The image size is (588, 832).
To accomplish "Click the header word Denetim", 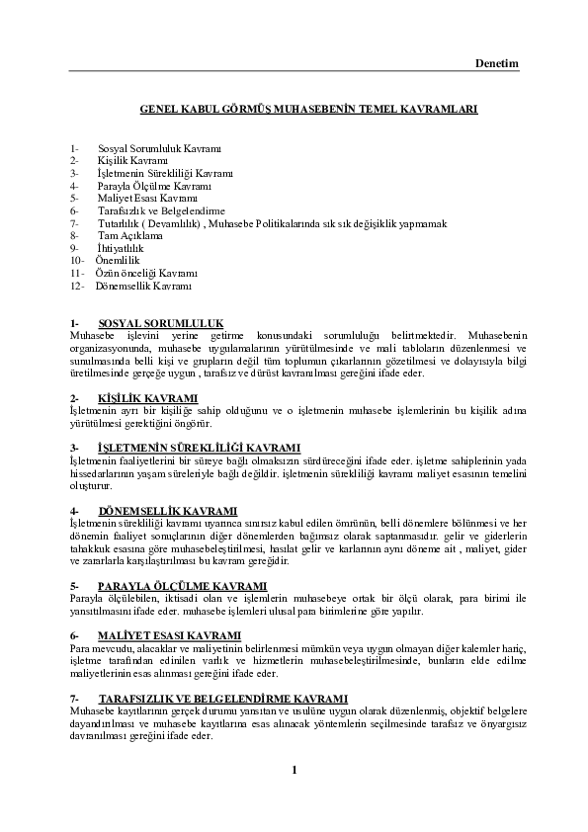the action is coord(497,63).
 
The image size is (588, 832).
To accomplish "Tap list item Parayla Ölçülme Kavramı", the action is coord(155,185).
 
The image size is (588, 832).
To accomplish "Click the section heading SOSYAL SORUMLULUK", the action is coord(161,323).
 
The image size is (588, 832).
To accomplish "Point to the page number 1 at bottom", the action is coord(294,770).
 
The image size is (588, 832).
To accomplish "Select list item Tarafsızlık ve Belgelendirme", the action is coord(162,210).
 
